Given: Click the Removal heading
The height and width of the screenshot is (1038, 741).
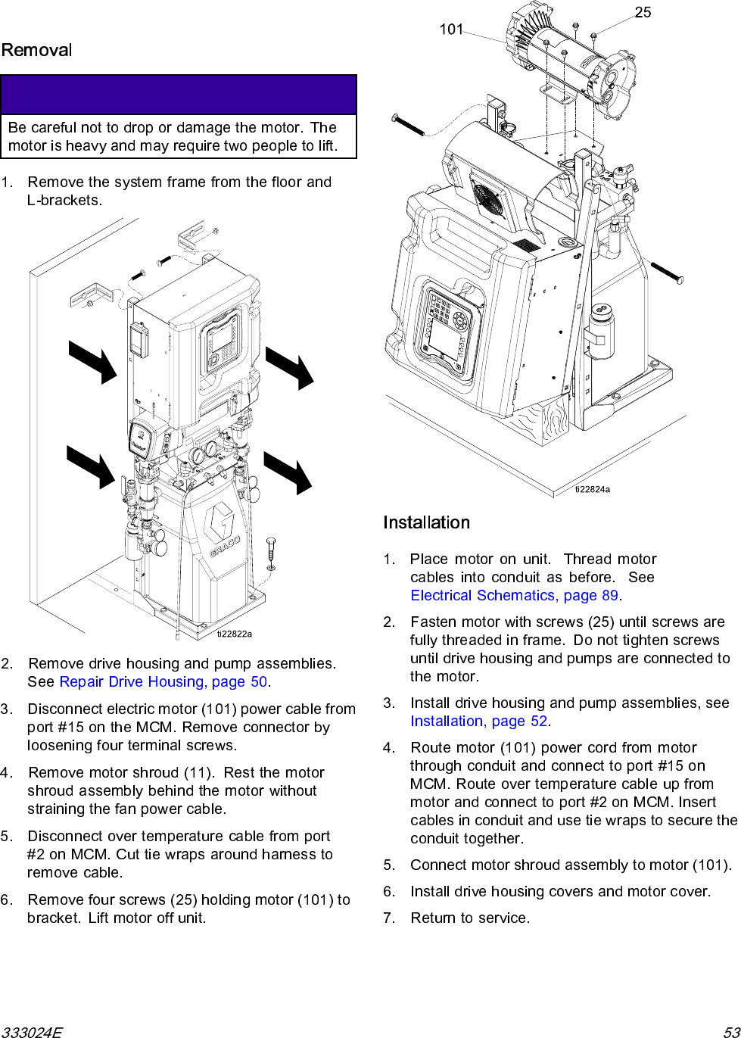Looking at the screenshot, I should click(36, 51).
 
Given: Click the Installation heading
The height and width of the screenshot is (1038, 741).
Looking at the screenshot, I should click(426, 523).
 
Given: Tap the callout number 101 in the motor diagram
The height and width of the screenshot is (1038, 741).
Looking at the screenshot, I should click(451, 30).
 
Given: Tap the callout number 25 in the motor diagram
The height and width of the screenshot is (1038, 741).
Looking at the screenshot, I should click(643, 13).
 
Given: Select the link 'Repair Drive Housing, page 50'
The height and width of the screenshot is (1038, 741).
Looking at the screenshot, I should click(163, 682).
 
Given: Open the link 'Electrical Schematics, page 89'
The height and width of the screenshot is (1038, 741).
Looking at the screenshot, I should click(515, 596).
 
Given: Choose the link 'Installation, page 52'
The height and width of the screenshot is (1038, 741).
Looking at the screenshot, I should click(479, 722).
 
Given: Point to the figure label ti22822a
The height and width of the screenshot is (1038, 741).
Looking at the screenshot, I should click(235, 634).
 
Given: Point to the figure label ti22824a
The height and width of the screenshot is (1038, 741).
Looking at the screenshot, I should click(592, 489).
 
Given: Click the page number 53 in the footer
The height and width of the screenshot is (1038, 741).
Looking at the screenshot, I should click(731, 1032).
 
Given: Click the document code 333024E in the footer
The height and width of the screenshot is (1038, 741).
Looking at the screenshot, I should click(32, 1032).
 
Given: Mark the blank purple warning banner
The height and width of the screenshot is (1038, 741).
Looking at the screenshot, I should click(179, 95).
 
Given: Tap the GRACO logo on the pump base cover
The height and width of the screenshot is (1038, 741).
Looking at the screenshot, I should click(223, 530).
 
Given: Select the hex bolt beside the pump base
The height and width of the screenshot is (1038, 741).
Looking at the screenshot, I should click(271, 553).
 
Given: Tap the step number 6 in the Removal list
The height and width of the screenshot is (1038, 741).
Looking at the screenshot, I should click(6, 900).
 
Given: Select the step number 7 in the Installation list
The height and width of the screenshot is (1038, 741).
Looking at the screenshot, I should click(389, 918).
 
